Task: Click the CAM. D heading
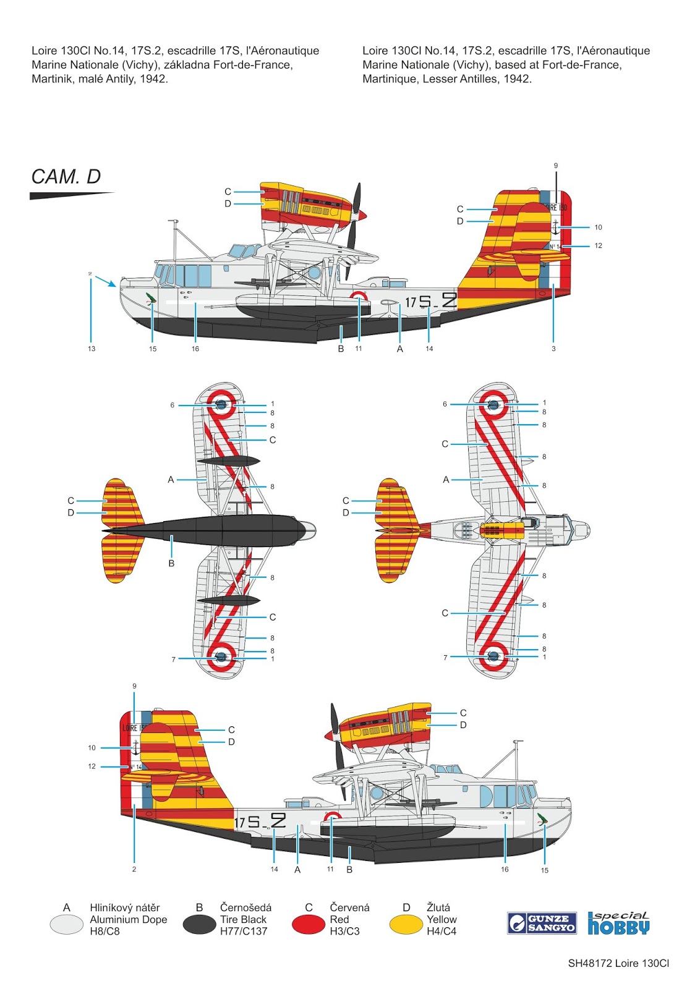coord(66,177)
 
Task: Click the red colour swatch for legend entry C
coord(308,924)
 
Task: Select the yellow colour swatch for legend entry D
coord(406,924)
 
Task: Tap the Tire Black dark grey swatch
coord(199,924)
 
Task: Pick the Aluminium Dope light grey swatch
coord(66,924)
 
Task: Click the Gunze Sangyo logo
coord(542,923)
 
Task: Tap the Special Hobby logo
coord(618,923)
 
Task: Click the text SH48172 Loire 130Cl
coord(618,963)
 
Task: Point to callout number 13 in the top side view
coord(92,349)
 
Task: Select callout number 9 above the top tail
coord(556,166)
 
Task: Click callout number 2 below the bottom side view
coord(134,869)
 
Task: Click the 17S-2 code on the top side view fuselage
coord(430,302)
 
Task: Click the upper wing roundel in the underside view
coord(221,404)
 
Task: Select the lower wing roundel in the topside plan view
coord(493,656)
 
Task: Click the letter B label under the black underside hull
coord(171,564)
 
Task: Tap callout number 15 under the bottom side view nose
coord(544,870)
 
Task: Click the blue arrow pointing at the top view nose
coord(105,281)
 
